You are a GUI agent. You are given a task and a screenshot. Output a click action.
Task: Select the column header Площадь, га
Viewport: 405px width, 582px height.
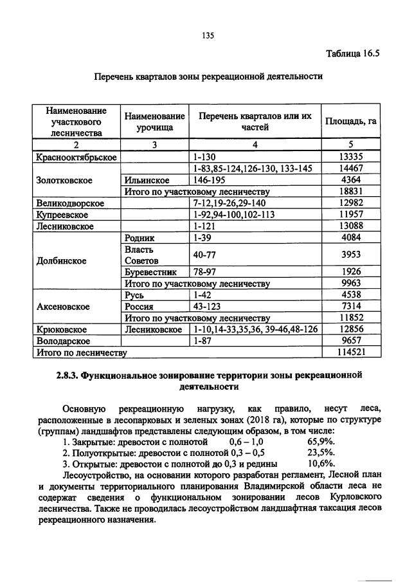pyautogui.click(x=350, y=122)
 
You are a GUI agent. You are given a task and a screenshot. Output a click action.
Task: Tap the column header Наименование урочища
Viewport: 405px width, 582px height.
pyautogui.click(x=155, y=122)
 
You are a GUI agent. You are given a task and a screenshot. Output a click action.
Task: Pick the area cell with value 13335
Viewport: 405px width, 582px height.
pyautogui.click(x=351, y=156)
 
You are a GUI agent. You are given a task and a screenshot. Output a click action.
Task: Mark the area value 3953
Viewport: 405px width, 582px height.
pyautogui.click(x=351, y=255)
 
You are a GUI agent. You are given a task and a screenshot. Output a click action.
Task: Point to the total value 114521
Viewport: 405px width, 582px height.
pyautogui.click(x=351, y=352)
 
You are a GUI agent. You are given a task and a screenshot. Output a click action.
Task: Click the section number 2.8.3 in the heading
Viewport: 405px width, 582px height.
pyautogui.click(x=67, y=375)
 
